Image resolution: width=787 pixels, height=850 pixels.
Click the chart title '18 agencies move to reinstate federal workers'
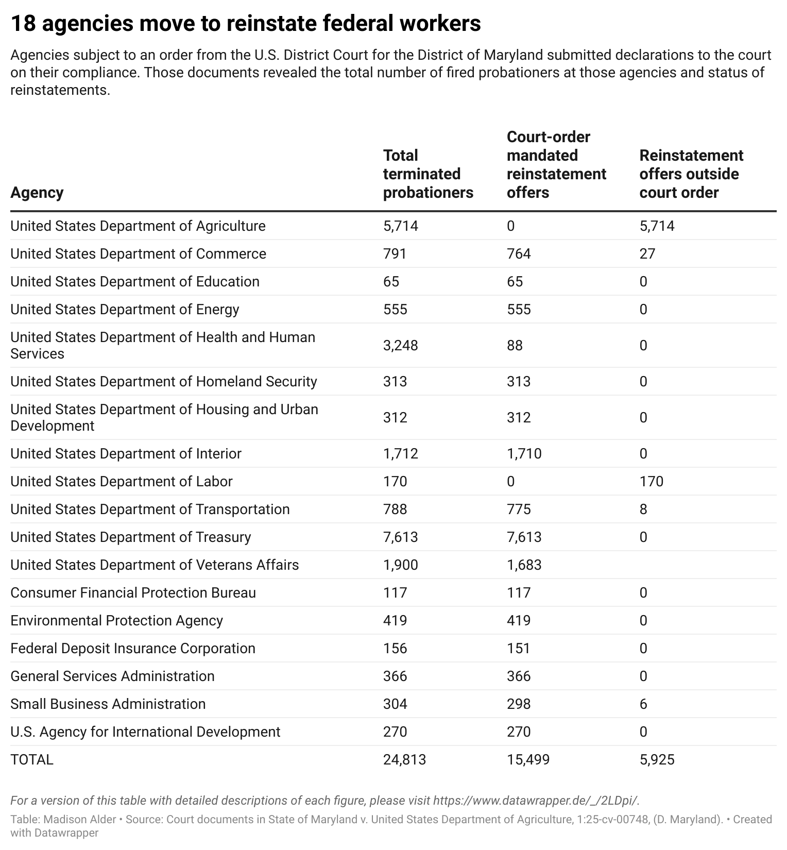tap(245, 24)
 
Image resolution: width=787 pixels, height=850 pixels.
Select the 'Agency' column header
tap(37, 193)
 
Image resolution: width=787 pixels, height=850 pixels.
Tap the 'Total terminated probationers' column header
tap(427, 174)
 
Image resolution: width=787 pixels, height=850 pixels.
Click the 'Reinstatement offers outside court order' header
tap(691, 174)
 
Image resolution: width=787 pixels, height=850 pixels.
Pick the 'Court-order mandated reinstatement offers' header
tap(556, 165)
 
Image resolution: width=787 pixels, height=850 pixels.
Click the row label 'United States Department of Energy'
tap(125, 310)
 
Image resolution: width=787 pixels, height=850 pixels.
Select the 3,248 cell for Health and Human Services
tap(400, 346)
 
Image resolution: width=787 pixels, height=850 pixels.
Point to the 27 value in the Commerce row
tap(647, 254)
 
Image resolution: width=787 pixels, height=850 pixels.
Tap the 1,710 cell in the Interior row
tap(524, 454)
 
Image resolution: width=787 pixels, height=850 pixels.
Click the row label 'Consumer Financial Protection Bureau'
tap(133, 593)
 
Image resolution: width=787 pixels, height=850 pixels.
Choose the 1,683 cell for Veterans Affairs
tap(524, 565)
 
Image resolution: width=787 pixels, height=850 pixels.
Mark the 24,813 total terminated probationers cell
tap(404, 760)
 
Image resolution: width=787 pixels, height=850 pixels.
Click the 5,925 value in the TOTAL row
tap(657, 760)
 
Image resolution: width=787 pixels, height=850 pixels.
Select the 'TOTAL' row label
tap(32, 760)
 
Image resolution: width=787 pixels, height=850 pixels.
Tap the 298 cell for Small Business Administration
tap(518, 704)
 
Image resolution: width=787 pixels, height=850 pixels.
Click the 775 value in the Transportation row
tap(518, 509)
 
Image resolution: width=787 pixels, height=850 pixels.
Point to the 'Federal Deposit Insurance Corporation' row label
tap(133, 649)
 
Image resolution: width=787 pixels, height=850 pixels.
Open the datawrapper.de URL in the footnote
tap(535, 801)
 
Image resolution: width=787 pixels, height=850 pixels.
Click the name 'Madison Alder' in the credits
tap(83, 820)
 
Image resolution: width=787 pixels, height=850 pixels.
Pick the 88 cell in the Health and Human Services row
tap(515, 346)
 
